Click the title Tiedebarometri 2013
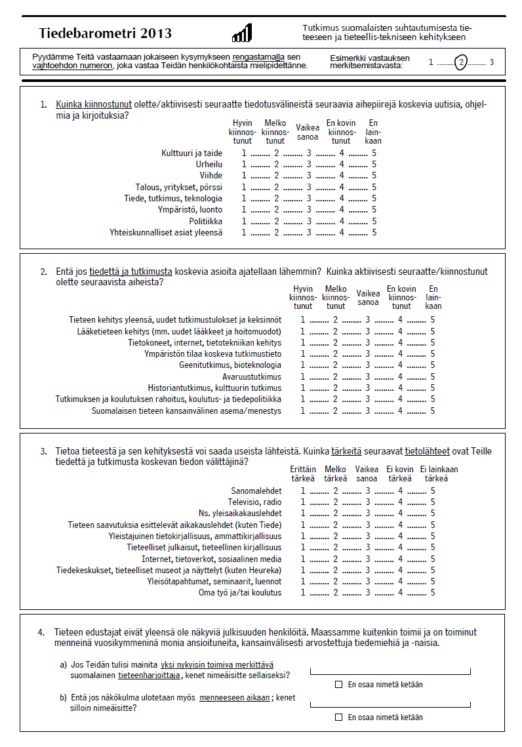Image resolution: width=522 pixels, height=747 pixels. click(105, 33)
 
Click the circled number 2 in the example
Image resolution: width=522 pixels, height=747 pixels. click(462, 63)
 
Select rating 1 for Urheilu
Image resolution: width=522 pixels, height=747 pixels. click(244, 165)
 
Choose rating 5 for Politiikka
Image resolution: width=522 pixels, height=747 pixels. click(374, 221)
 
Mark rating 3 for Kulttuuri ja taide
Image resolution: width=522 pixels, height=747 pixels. click(310, 153)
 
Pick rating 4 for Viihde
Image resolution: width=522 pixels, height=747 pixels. click(342, 176)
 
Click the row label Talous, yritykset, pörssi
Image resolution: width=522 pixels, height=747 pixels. click(178, 187)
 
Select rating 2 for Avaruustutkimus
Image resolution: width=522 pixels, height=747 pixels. click(335, 376)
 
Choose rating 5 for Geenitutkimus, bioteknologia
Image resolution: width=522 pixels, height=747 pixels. click(433, 365)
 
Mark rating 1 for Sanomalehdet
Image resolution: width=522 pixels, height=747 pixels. click(303, 491)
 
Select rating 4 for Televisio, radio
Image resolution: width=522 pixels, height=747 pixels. click(400, 502)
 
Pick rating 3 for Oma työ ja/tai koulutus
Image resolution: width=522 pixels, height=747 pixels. click(368, 592)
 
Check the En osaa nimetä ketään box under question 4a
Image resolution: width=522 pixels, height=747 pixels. click(339, 684)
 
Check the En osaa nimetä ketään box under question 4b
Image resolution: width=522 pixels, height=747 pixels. click(339, 717)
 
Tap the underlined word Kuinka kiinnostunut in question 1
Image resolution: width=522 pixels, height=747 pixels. click(94, 104)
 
